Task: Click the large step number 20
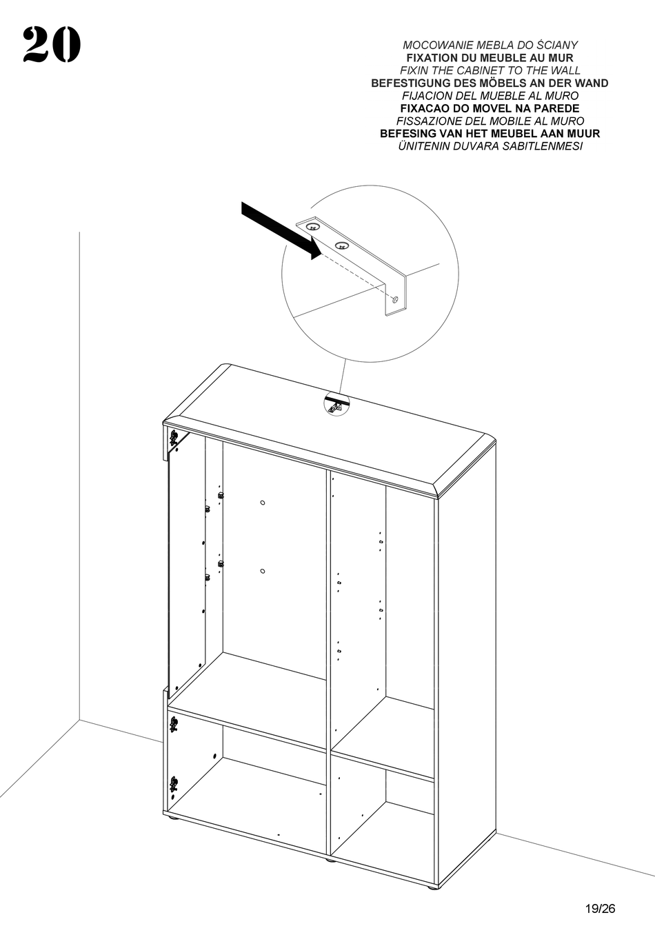[x=52, y=46]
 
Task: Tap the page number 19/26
[x=598, y=908]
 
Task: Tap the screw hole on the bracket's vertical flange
[x=394, y=300]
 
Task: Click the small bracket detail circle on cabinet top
[x=336, y=403]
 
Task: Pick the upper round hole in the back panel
[x=263, y=503]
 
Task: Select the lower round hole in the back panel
[x=263, y=571]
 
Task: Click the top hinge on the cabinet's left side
[x=173, y=437]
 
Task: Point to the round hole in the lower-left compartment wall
[x=216, y=756]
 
